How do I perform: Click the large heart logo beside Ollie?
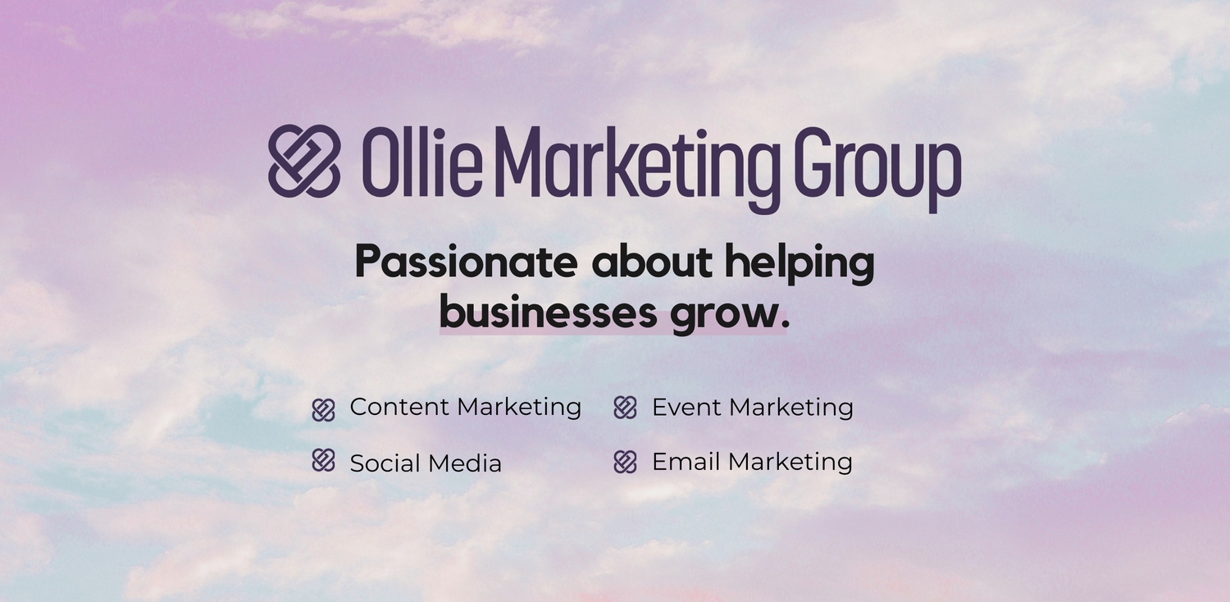click(x=303, y=161)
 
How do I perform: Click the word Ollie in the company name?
click(x=422, y=162)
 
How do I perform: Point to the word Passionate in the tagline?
click(x=467, y=262)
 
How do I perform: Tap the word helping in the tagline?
click(x=800, y=263)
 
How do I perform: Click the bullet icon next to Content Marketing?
click(x=323, y=410)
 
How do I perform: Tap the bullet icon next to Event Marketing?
click(x=625, y=408)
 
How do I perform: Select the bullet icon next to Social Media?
click(x=323, y=460)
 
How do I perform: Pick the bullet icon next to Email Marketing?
click(x=625, y=462)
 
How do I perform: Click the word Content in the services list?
click(x=400, y=407)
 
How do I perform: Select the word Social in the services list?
click(x=385, y=463)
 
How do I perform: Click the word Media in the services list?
click(x=464, y=463)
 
